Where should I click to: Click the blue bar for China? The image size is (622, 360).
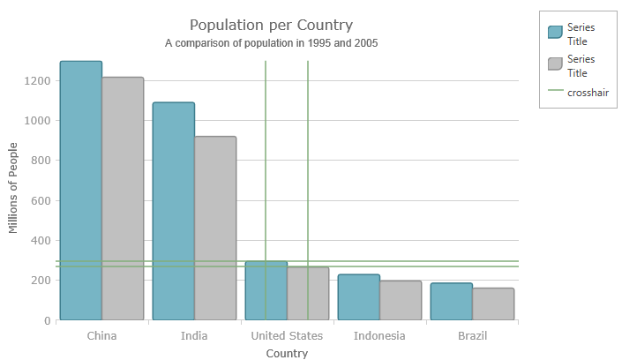click(x=81, y=190)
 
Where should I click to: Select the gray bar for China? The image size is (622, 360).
click(x=123, y=199)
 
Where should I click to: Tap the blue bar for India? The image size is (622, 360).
click(x=174, y=211)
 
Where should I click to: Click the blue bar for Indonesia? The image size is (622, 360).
click(x=359, y=297)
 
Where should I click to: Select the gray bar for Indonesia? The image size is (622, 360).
click(x=401, y=300)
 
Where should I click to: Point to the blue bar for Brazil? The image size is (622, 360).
click(x=452, y=302)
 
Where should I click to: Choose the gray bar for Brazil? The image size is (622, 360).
click(x=493, y=304)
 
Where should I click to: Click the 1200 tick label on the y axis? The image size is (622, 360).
click(x=36, y=81)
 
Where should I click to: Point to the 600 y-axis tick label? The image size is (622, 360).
click(x=40, y=201)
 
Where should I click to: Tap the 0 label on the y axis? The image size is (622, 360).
click(x=47, y=321)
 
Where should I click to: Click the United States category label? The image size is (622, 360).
click(x=287, y=336)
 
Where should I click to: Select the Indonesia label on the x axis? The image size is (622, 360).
click(x=379, y=336)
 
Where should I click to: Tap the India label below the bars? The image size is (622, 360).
click(x=194, y=336)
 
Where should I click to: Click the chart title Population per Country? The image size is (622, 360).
click(x=271, y=25)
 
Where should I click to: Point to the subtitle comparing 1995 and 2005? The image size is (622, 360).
click(x=272, y=42)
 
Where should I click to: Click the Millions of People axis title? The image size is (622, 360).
click(x=13, y=189)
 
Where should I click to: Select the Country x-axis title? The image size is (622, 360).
click(x=287, y=354)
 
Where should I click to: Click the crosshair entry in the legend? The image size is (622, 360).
click(x=588, y=93)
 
